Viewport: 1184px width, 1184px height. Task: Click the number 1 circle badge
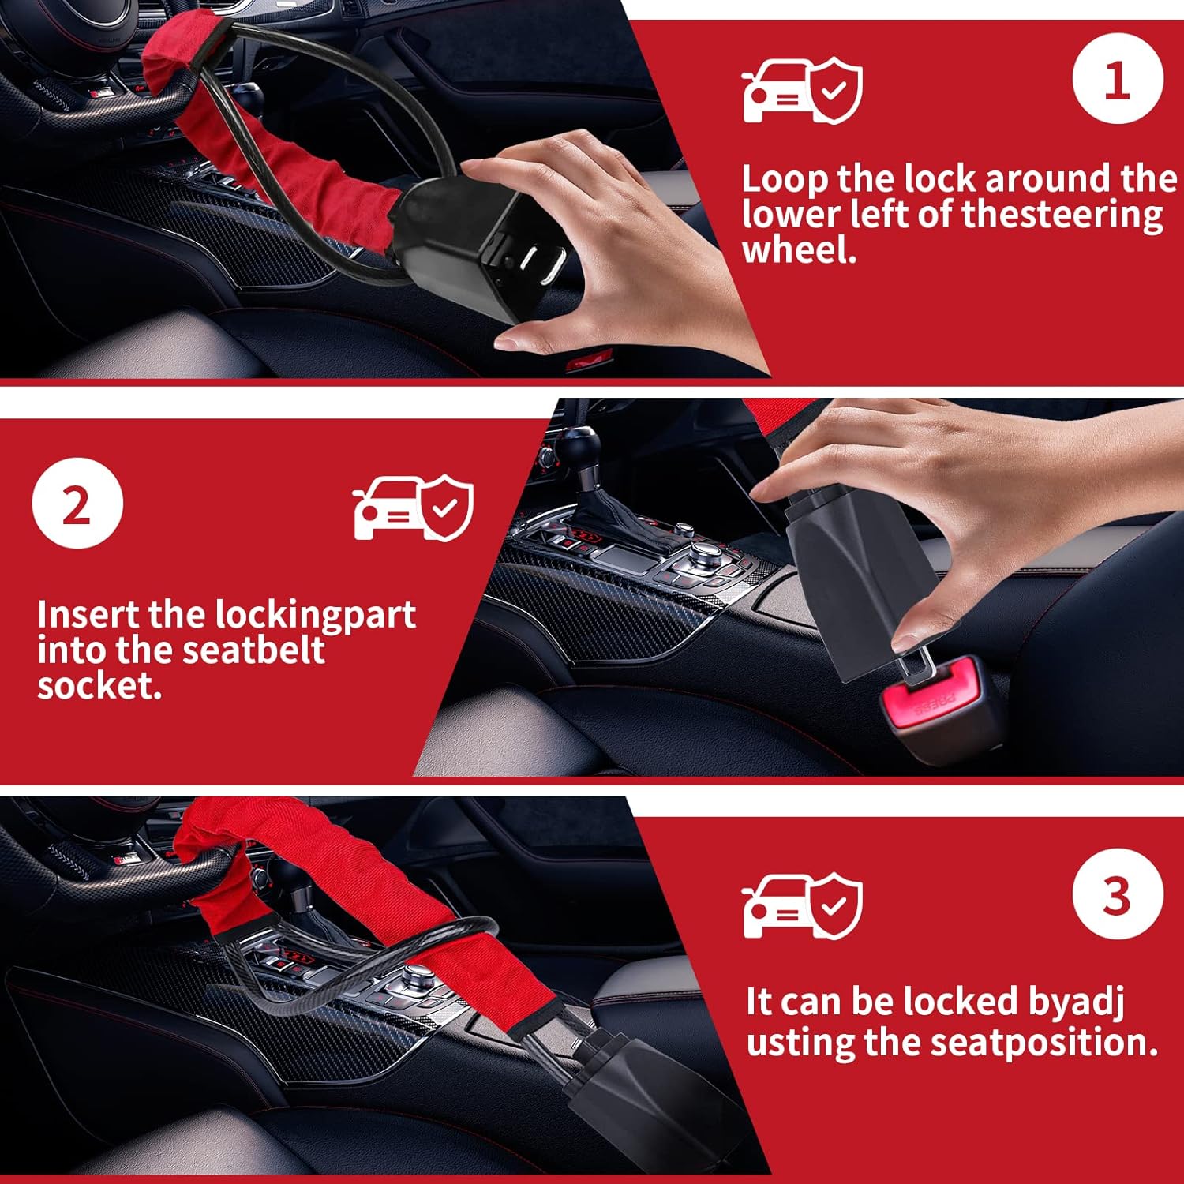point(1117,79)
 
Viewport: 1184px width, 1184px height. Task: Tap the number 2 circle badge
point(77,503)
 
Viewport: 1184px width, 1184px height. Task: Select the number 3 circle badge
point(1117,894)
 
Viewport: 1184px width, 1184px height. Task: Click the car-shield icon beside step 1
point(801,90)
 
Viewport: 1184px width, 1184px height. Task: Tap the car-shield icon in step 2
point(412,508)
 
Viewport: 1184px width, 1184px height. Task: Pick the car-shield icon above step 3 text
point(801,905)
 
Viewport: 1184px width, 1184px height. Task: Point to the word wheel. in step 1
point(798,250)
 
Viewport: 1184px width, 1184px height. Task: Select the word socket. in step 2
point(99,685)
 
